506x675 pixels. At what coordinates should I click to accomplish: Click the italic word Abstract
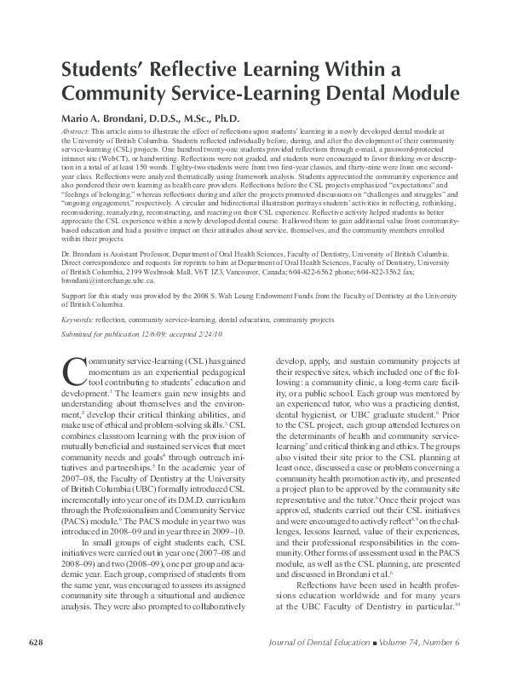coord(76,133)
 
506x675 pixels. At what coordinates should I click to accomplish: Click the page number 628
coord(37,642)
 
